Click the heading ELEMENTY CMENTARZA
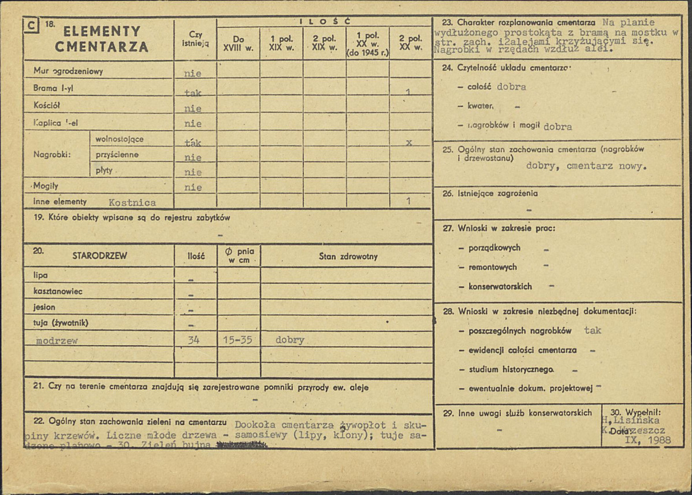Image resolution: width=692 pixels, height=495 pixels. pyautogui.click(x=102, y=39)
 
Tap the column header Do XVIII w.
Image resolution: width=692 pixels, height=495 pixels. pyautogui.click(x=238, y=43)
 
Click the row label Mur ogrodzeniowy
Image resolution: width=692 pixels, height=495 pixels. pyautogui.click(x=68, y=72)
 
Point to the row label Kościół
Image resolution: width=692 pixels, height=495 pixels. pyautogui.click(x=47, y=106)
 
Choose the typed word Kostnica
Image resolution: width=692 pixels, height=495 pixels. pyautogui.click(x=132, y=202)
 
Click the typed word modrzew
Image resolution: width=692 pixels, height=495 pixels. pyautogui.click(x=57, y=341)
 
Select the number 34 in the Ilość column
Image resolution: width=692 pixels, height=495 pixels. pyautogui.click(x=194, y=340)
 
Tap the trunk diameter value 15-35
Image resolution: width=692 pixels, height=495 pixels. pyautogui.click(x=237, y=340)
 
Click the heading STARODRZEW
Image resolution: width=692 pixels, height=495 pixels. pyautogui.click(x=99, y=256)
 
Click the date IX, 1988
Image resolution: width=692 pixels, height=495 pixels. pyautogui.click(x=648, y=440)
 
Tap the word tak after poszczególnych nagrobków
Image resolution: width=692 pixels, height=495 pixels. pyautogui.click(x=592, y=330)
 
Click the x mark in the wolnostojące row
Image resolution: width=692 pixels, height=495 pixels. pyautogui.click(x=408, y=142)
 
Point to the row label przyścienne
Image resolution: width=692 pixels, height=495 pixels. pyautogui.click(x=117, y=155)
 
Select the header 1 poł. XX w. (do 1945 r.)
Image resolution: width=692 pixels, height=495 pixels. pyautogui.click(x=367, y=44)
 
